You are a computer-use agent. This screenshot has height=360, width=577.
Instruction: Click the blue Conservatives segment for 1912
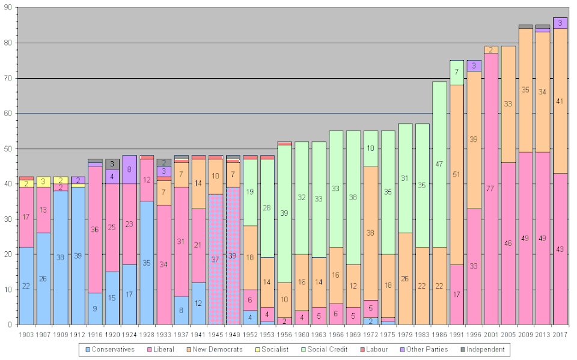click(x=78, y=255)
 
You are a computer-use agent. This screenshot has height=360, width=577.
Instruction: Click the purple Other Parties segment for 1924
click(x=129, y=169)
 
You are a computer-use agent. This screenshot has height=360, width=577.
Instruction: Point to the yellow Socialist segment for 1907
click(x=43, y=181)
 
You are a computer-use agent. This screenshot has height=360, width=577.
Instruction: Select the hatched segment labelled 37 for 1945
click(x=215, y=259)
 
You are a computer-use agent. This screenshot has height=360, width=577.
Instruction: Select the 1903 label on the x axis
click(x=26, y=334)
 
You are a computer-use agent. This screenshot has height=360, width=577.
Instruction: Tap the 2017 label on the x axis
click(x=560, y=334)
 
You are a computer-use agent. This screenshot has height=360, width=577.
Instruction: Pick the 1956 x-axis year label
click(x=284, y=334)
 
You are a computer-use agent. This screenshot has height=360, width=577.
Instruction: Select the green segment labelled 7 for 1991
click(x=457, y=72)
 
